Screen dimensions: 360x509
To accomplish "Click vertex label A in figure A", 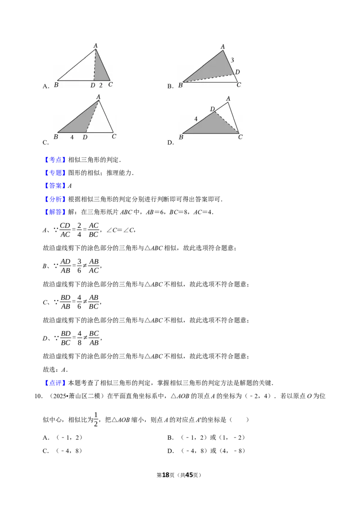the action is click(x=95, y=46).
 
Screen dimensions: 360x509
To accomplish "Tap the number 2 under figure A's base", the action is click(x=101, y=85).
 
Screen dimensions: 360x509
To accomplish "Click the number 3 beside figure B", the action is click(x=232, y=60).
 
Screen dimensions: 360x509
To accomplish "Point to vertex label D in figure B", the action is click(x=238, y=72).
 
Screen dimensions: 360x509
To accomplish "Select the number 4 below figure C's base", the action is click(x=72, y=137).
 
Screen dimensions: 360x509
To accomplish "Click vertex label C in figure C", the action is click(x=114, y=136).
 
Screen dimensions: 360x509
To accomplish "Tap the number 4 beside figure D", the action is click(x=196, y=119).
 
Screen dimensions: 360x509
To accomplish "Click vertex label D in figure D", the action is click(x=212, y=109).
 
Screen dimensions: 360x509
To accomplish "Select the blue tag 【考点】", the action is click(x=55, y=160).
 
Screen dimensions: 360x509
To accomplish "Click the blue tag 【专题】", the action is click(x=55, y=173).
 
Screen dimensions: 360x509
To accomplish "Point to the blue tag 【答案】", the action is click(x=55, y=186).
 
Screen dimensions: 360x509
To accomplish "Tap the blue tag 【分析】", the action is click(x=55, y=199).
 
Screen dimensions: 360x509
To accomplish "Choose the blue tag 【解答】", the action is click(x=55, y=212).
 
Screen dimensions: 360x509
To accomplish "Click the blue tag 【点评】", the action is click(x=55, y=383).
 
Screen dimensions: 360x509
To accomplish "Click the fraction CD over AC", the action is click(x=65, y=230).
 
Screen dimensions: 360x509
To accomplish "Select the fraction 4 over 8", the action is click(x=79, y=338).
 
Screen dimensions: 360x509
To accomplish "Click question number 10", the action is click(x=38, y=396).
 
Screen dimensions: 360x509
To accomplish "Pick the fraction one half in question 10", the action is click(x=96, y=420).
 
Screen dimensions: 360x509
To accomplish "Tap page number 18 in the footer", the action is click(x=166, y=475).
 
